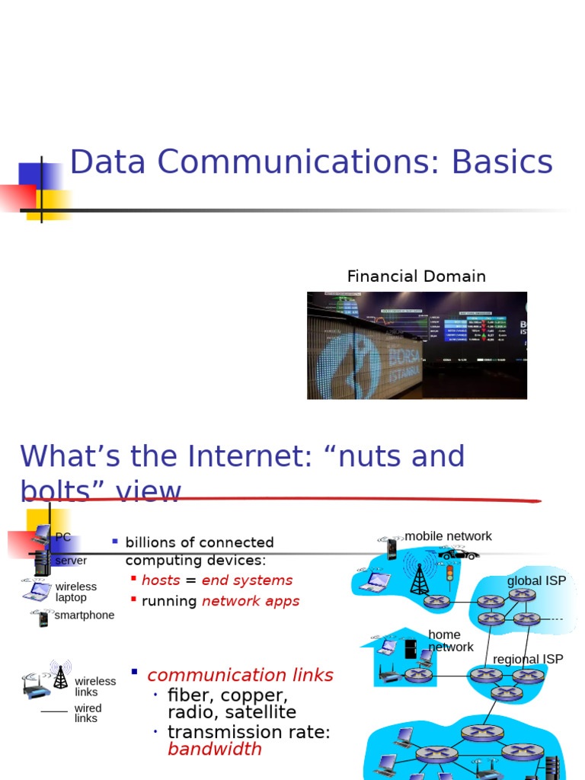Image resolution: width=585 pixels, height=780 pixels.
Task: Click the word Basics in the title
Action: pyautogui.click(x=502, y=162)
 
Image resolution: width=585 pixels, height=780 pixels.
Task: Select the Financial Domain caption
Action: pyautogui.click(x=416, y=277)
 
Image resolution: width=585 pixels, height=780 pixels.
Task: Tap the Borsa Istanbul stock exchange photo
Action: pyautogui.click(x=417, y=345)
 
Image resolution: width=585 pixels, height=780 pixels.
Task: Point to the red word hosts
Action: pyautogui.click(x=161, y=580)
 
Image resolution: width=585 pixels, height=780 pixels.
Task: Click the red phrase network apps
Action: pyautogui.click(x=251, y=601)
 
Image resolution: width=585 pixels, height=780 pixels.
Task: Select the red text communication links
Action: pyautogui.click(x=240, y=676)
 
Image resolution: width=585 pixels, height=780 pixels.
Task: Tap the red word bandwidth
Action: pyautogui.click(x=214, y=750)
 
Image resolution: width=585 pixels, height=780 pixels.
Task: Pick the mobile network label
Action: pyautogui.click(x=448, y=536)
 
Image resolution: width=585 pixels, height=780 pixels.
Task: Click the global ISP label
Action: pyautogui.click(x=536, y=581)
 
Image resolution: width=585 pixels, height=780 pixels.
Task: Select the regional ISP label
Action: pyautogui.click(x=528, y=660)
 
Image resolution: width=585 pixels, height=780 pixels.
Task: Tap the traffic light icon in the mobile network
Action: pyautogui.click(x=449, y=574)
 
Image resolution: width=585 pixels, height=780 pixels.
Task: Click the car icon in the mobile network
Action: pyautogui.click(x=459, y=554)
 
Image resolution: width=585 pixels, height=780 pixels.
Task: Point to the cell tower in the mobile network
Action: pyautogui.click(x=419, y=579)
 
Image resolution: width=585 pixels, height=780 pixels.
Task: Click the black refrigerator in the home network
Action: pyautogui.click(x=411, y=649)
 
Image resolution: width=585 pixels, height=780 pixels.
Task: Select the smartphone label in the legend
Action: pyautogui.click(x=85, y=615)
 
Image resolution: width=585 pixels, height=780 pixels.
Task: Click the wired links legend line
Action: pyautogui.click(x=54, y=711)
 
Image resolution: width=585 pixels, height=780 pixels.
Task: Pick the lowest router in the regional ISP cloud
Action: pyautogui.click(x=507, y=692)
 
